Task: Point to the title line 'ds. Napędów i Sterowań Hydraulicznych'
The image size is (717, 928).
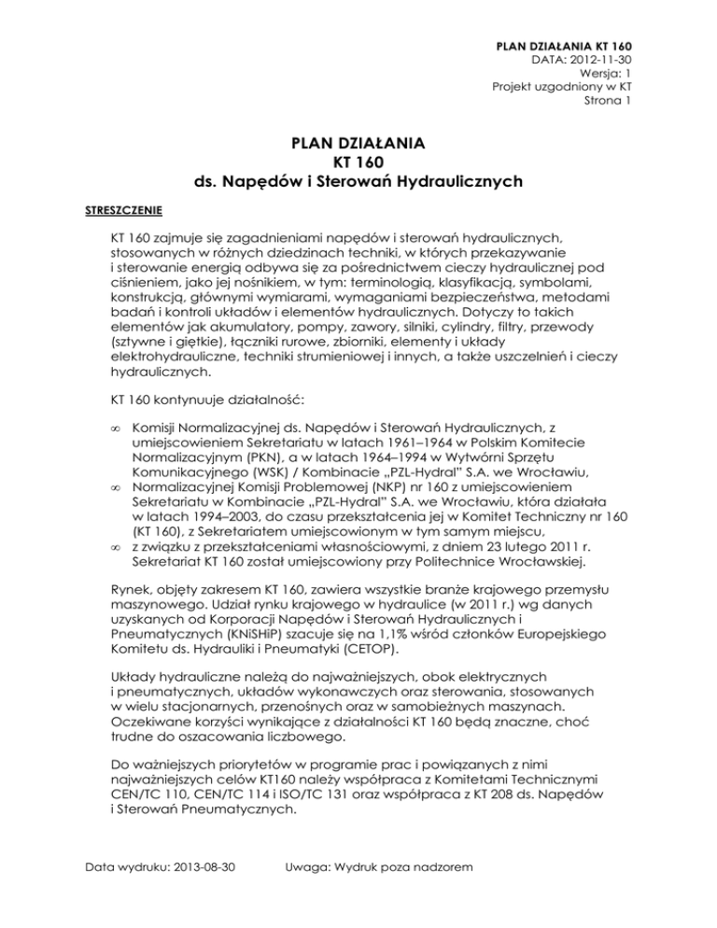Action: coord(358,181)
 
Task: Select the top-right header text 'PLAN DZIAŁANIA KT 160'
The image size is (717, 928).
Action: coord(561,44)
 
